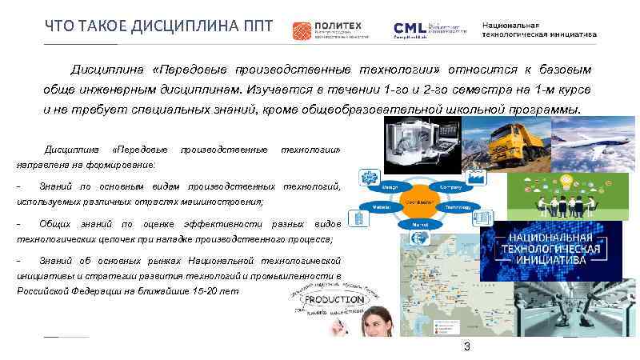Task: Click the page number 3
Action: click(x=466, y=346)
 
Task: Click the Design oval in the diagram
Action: click(x=390, y=186)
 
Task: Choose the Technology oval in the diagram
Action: click(x=458, y=206)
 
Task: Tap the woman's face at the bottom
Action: click(x=379, y=327)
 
